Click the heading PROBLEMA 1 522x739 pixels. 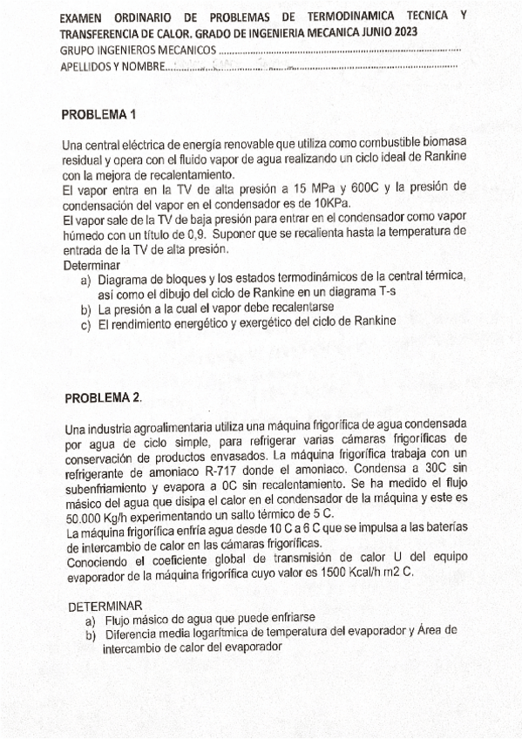pos(100,114)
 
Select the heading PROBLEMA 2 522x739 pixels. pos(103,398)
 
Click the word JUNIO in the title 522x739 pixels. pos(363,32)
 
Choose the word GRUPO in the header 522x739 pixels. pos(77,49)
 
